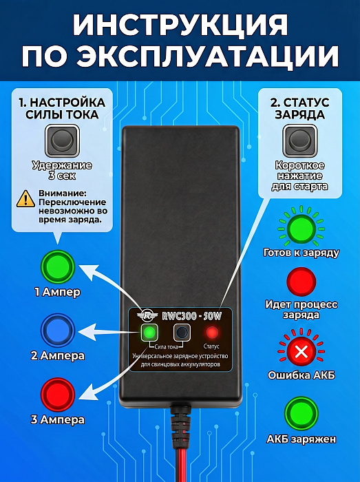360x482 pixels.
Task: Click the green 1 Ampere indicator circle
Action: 58,266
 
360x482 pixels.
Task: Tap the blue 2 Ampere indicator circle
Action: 58,331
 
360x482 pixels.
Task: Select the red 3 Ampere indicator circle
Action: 58,395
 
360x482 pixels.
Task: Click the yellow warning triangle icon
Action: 25,198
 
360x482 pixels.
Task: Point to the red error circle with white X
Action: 301,351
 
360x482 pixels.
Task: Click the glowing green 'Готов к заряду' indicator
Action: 301,229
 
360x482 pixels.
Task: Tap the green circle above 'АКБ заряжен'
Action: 301,414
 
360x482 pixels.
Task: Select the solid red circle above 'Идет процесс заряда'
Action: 301,282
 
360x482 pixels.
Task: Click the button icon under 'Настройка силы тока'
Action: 63,140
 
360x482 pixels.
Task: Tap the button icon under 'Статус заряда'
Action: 300,140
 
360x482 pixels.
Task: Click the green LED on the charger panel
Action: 149,332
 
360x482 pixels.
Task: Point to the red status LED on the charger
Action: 211,333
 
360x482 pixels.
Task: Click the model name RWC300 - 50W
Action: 191,316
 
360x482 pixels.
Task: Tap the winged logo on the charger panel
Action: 147,316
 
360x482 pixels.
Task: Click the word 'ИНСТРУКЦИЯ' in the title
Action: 180,25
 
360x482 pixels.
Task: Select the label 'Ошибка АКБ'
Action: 301,375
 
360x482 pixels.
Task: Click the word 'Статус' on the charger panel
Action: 211,346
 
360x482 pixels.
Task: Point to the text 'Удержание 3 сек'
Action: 63,171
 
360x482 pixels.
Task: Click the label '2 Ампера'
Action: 58,356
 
